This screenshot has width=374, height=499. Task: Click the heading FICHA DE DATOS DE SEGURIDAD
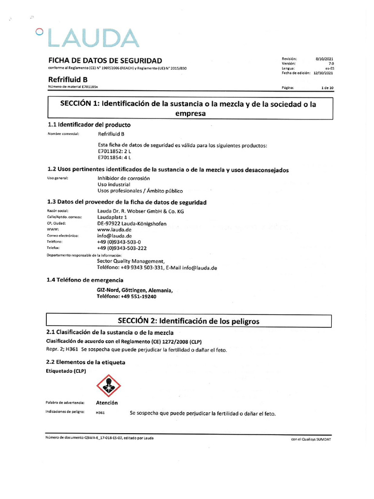[x=105, y=60]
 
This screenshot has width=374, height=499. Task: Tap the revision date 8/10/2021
[x=324, y=58]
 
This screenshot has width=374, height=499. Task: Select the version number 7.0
[x=331, y=63]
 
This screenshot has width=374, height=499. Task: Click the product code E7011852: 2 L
[x=114, y=151]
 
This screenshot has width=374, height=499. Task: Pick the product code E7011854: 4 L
[x=114, y=157]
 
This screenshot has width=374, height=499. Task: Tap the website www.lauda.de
[x=115, y=230]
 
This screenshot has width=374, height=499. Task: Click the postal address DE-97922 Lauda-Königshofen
[x=132, y=224]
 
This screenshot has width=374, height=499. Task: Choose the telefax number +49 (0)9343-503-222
[x=122, y=248]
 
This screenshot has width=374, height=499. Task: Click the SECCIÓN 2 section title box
[x=189, y=321]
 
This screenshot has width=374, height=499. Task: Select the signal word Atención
[x=107, y=403]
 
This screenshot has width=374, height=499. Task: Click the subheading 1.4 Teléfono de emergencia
[x=85, y=280]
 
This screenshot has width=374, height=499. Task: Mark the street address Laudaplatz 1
[x=112, y=217]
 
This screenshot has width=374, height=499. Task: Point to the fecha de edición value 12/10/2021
[x=323, y=73]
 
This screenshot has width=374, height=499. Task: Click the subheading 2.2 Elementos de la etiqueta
[x=86, y=362]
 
